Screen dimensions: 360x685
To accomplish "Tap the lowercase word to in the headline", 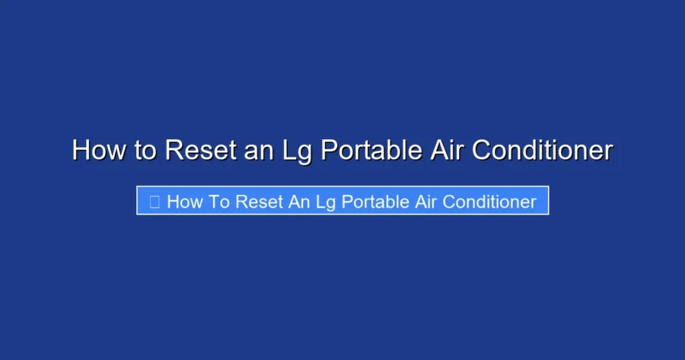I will [145, 150].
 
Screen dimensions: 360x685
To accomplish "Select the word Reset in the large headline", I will [200, 150].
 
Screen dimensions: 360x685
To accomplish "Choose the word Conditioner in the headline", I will [543, 150].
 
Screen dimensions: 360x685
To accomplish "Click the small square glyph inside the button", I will [154, 202].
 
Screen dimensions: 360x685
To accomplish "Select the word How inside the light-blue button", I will [183, 202].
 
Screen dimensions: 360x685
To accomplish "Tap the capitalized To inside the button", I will [218, 202].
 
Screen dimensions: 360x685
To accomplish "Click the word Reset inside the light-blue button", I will [258, 202].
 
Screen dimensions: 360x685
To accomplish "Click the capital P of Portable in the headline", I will [327, 150].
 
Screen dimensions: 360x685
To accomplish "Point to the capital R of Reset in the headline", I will [172, 150].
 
